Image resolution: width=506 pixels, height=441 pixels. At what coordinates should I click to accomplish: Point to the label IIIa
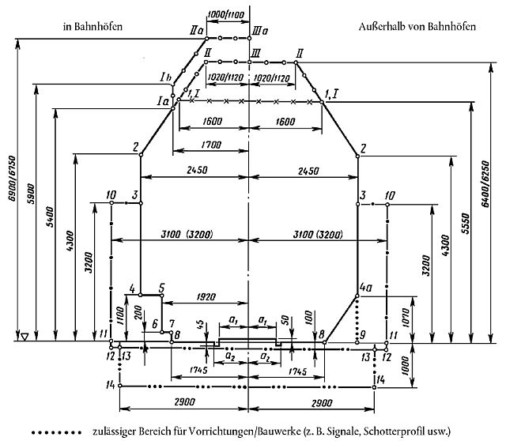tap(261, 31)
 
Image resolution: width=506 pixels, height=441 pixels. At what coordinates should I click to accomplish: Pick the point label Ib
tap(164, 77)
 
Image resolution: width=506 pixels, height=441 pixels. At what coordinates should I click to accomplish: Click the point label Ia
tap(164, 100)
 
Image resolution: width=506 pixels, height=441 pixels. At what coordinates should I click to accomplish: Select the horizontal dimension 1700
tap(212, 145)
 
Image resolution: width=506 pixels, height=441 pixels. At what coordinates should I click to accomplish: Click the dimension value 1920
tap(204, 297)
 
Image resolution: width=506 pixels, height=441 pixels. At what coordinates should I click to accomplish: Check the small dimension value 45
tap(202, 324)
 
